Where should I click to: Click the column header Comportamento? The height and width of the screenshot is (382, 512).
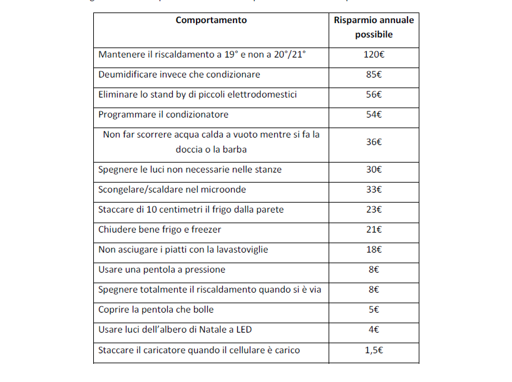point(211,20)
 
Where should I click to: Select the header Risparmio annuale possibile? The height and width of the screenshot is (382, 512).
point(374,28)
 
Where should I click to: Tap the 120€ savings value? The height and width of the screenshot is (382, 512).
point(374,54)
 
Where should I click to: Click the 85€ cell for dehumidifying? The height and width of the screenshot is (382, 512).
point(374,74)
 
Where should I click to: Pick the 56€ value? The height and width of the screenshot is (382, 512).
point(374,94)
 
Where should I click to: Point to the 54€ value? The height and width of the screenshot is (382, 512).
point(374,114)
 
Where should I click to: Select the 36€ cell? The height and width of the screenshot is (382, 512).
point(374,142)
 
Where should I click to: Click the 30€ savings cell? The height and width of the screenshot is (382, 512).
point(374,169)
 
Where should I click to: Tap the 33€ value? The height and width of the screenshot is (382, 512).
point(374,189)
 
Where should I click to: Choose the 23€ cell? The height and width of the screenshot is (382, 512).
point(374,209)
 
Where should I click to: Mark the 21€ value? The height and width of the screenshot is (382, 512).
point(374,229)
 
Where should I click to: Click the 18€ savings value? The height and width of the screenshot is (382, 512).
point(374,249)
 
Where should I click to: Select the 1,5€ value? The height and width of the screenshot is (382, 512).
point(374,350)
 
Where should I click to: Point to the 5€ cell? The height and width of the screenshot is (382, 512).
point(374,309)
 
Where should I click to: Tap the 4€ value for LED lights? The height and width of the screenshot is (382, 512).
point(374,329)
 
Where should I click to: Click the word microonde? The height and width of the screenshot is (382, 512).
point(225,189)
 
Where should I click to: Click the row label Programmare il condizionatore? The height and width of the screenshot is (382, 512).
point(163,114)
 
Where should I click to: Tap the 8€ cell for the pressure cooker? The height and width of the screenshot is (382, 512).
point(374,269)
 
